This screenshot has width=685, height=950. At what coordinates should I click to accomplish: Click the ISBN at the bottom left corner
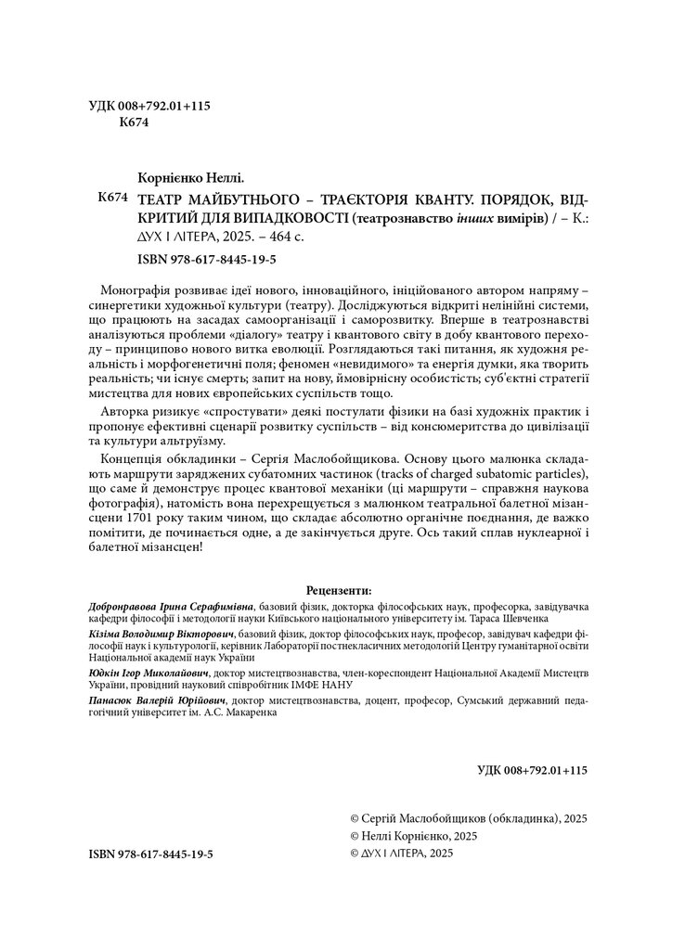151,853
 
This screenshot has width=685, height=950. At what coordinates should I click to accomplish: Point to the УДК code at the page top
149,106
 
